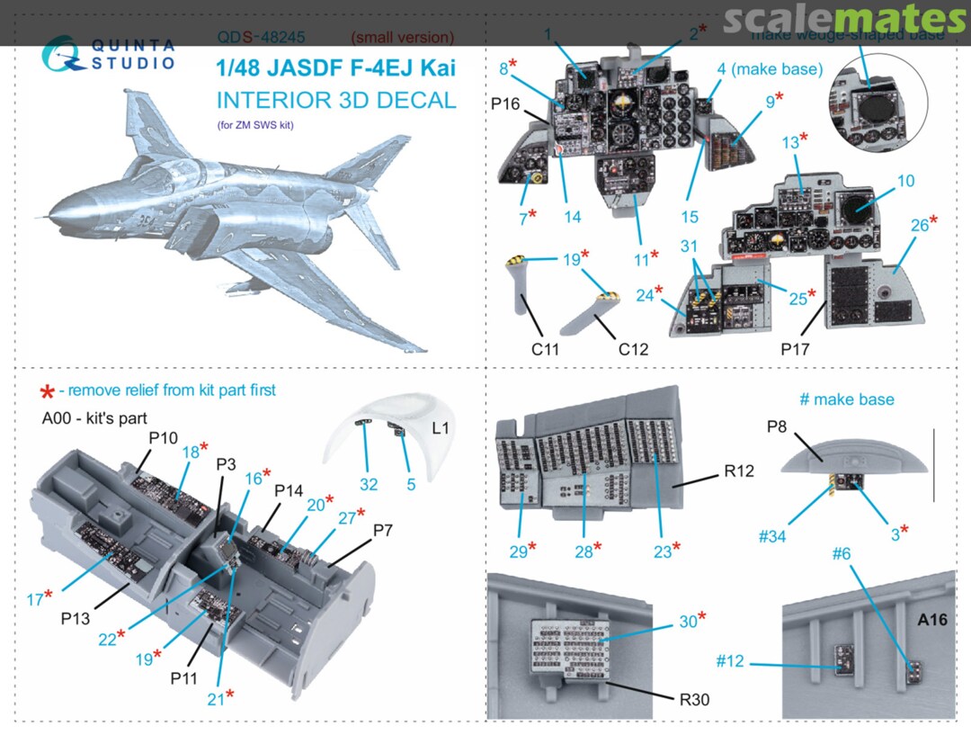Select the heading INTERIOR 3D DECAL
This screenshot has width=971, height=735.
pyautogui.click(x=336, y=100)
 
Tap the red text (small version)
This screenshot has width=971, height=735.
pyautogui.click(x=402, y=38)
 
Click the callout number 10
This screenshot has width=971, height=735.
pyautogui.click(x=904, y=181)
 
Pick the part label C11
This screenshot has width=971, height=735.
pyautogui.click(x=546, y=349)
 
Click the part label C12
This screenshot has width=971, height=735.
pyautogui.click(x=633, y=349)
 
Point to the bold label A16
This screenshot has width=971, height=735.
pyautogui.click(x=932, y=619)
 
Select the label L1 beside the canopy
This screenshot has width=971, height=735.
pyautogui.click(x=441, y=429)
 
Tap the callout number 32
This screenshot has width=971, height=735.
pyautogui.click(x=368, y=485)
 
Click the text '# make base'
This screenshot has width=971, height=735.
pyautogui.click(x=847, y=399)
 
